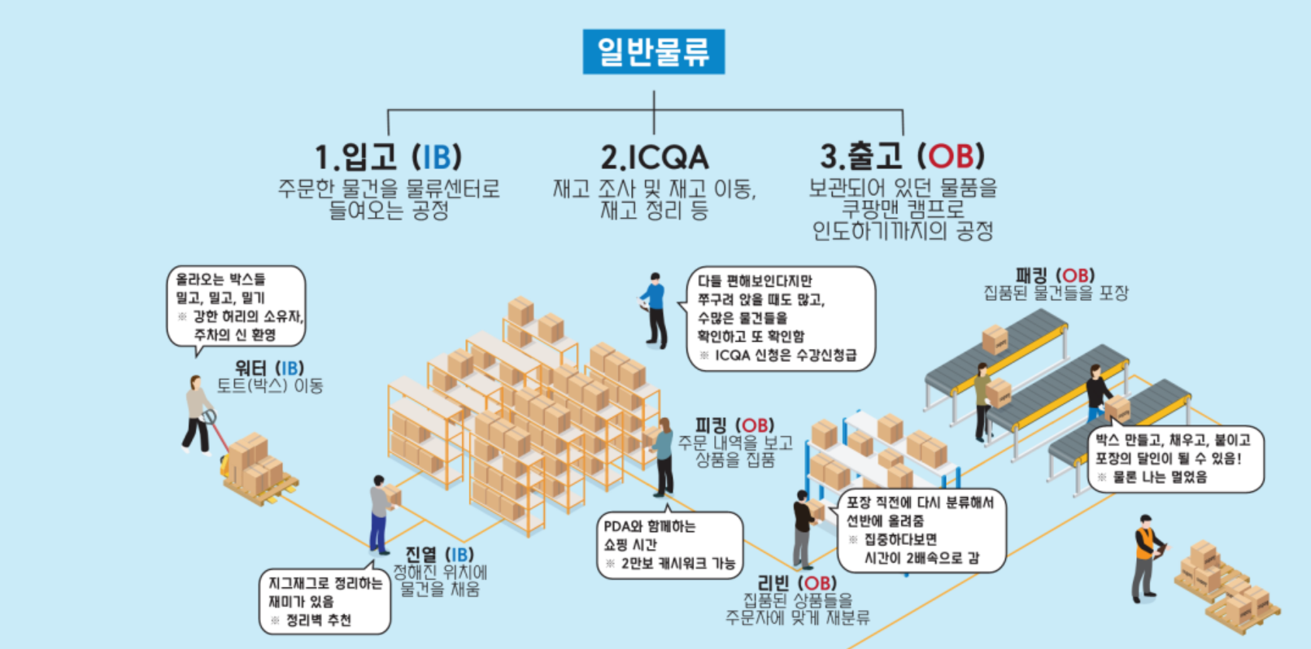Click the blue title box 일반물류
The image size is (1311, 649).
(x=653, y=51)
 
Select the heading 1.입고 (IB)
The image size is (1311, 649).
(x=388, y=156)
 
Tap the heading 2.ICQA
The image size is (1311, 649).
(x=654, y=157)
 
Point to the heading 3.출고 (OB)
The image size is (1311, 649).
(x=902, y=155)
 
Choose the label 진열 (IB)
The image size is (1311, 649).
(x=439, y=555)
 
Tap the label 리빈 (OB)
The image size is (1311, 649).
(x=796, y=583)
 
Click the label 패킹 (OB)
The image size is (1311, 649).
(x=1055, y=276)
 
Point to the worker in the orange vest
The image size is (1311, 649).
(x=1146, y=557)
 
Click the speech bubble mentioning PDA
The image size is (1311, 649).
(x=669, y=544)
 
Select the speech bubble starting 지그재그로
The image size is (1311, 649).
(x=324, y=602)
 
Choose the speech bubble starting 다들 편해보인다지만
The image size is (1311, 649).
(x=780, y=318)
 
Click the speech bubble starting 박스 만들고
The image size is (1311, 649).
(x=1175, y=459)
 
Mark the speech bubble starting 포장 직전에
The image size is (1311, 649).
(x=921, y=530)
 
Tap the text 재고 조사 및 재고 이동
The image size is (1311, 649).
(x=654, y=189)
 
